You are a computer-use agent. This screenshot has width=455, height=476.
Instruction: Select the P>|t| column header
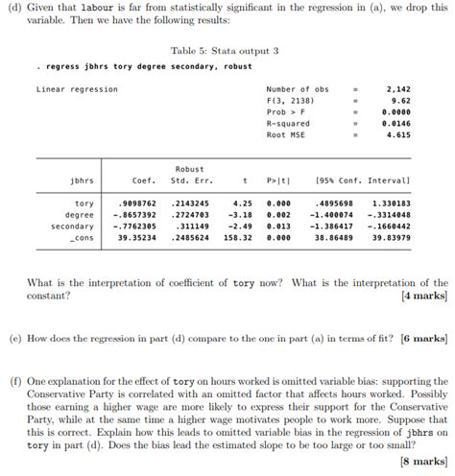click(x=277, y=180)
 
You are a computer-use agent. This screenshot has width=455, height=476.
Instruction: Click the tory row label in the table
click(x=84, y=203)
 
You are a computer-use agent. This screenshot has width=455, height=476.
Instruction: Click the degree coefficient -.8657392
click(x=133, y=215)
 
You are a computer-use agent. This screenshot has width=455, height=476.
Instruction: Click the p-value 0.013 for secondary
click(x=278, y=226)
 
